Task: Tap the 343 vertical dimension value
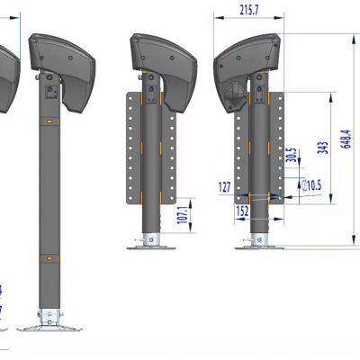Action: [322, 148]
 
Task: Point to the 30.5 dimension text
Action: [291, 155]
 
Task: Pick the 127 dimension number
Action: [225, 188]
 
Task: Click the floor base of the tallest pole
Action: [50, 320]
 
